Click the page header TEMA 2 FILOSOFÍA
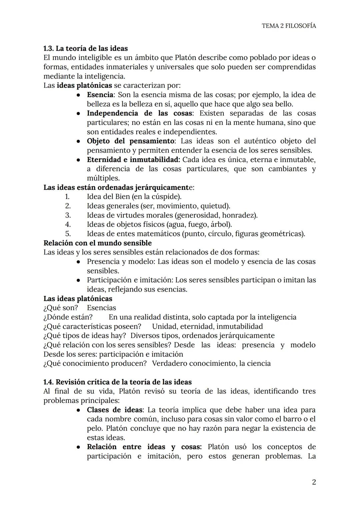pyautogui.click(x=289, y=26)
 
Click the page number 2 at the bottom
pyautogui.click(x=314, y=482)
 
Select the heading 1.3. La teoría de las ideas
pyautogui.click(x=86, y=48)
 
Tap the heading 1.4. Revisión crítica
pyautogui.click(x=117, y=382)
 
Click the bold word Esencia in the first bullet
pyautogui.click(x=100, y=95)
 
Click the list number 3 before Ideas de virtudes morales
pyautogui.click(x=68, y=215)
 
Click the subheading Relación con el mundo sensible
pyautogui.click(x=97, y=243)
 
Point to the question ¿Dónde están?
pyautogui.click(x=68, y=317)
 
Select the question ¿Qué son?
pyautogui.click(x=61, y=308)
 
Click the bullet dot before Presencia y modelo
pyautogui.click(x=78, y=262)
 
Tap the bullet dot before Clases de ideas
pyautogui.click(x=78, y=410)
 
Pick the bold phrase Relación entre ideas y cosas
pyautogui.click(x=144, y=447)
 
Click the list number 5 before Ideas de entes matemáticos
pyautogui.click(x=68, y=234)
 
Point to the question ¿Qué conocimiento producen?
pyautogui.click(x=95, y=363)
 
